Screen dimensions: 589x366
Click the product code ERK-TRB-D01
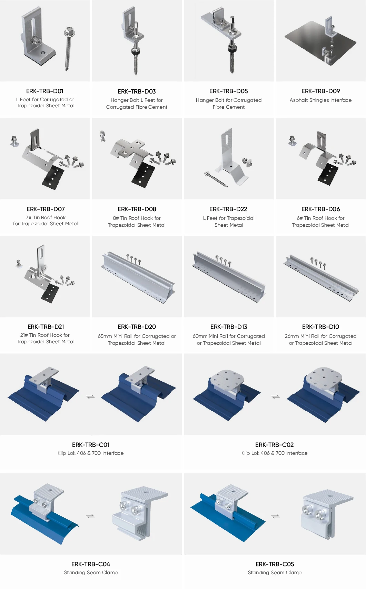click(45, 91)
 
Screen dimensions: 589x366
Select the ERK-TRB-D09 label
click(320, 91)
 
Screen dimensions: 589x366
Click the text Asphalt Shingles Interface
click(320, 100)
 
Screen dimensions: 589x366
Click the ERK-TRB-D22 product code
click(228, 209)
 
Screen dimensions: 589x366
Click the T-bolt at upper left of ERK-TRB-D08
click(102, 136)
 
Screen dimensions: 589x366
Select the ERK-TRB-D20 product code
click(137, 327)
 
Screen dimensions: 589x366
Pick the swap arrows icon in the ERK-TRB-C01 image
click(90, 397)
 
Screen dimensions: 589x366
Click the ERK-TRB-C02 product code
click(274, 445)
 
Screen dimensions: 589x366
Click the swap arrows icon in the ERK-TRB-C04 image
click(90, 516)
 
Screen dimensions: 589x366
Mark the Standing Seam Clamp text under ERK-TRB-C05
click(275, 572)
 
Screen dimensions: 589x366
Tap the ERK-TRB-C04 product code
click(91, 564)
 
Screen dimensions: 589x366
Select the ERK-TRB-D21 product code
click(46, 327)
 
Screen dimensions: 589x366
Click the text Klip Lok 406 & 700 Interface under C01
click(90, 453)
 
